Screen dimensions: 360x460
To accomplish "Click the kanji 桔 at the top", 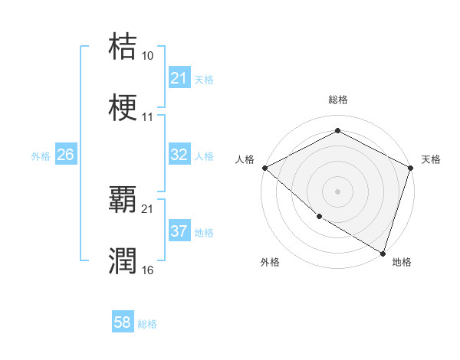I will point(123,47).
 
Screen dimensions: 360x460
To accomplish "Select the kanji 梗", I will point(123,108).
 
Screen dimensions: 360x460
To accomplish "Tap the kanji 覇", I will point(123,200).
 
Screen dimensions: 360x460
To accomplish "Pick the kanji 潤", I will point(123,261).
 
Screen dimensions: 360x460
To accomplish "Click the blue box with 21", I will point(179,79).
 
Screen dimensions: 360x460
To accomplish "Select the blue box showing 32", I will point(179,155).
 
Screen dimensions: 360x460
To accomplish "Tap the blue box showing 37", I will point(179,231).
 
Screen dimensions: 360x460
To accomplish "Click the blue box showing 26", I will point(65,155).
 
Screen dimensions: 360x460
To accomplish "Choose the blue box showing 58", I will point(123,323).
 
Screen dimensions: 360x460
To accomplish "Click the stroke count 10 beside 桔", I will point(147,56).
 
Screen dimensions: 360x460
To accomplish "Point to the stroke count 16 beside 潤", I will point(147,270).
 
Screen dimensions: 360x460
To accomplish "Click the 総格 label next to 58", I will point(147,324).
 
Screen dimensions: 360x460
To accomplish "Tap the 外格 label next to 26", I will point(41,156).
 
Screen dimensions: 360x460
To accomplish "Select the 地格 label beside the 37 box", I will point(204,233).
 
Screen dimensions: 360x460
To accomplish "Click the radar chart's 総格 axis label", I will point(337,100).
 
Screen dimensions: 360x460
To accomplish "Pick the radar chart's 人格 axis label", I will point(245,159).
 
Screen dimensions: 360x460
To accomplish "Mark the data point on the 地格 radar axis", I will point(383,253).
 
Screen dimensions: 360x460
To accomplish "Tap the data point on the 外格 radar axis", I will point(319,216).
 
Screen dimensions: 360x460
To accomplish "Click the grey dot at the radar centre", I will point(337,191).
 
